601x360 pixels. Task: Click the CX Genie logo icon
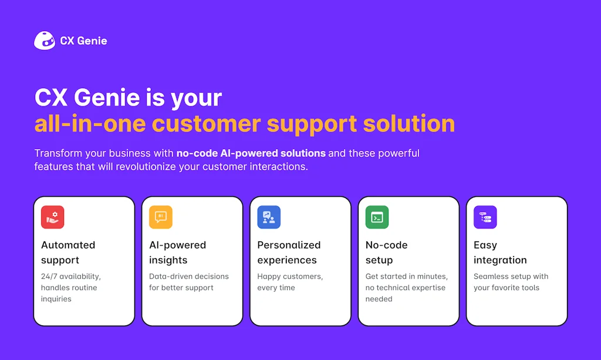45,41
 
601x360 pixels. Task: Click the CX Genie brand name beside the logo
83,41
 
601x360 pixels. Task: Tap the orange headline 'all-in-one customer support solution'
244,124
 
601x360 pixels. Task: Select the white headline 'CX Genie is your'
128,97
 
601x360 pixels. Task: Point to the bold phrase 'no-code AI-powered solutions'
251,153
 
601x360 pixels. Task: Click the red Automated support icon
52,217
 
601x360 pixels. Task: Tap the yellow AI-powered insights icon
160,217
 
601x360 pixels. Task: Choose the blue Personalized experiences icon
269,217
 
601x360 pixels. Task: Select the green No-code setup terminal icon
377,217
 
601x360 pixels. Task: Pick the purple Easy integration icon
485,217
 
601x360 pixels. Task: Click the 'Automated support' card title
68,253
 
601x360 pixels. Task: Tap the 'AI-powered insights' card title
177,253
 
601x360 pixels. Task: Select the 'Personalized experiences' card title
289,253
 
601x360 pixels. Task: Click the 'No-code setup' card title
386,253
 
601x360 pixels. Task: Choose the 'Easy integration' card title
500,253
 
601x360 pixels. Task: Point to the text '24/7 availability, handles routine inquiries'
70,288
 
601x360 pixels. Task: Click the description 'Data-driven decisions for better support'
189,282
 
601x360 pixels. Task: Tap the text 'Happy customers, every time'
290,282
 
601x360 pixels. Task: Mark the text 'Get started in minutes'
406,277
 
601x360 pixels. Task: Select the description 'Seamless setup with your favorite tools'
511,282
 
